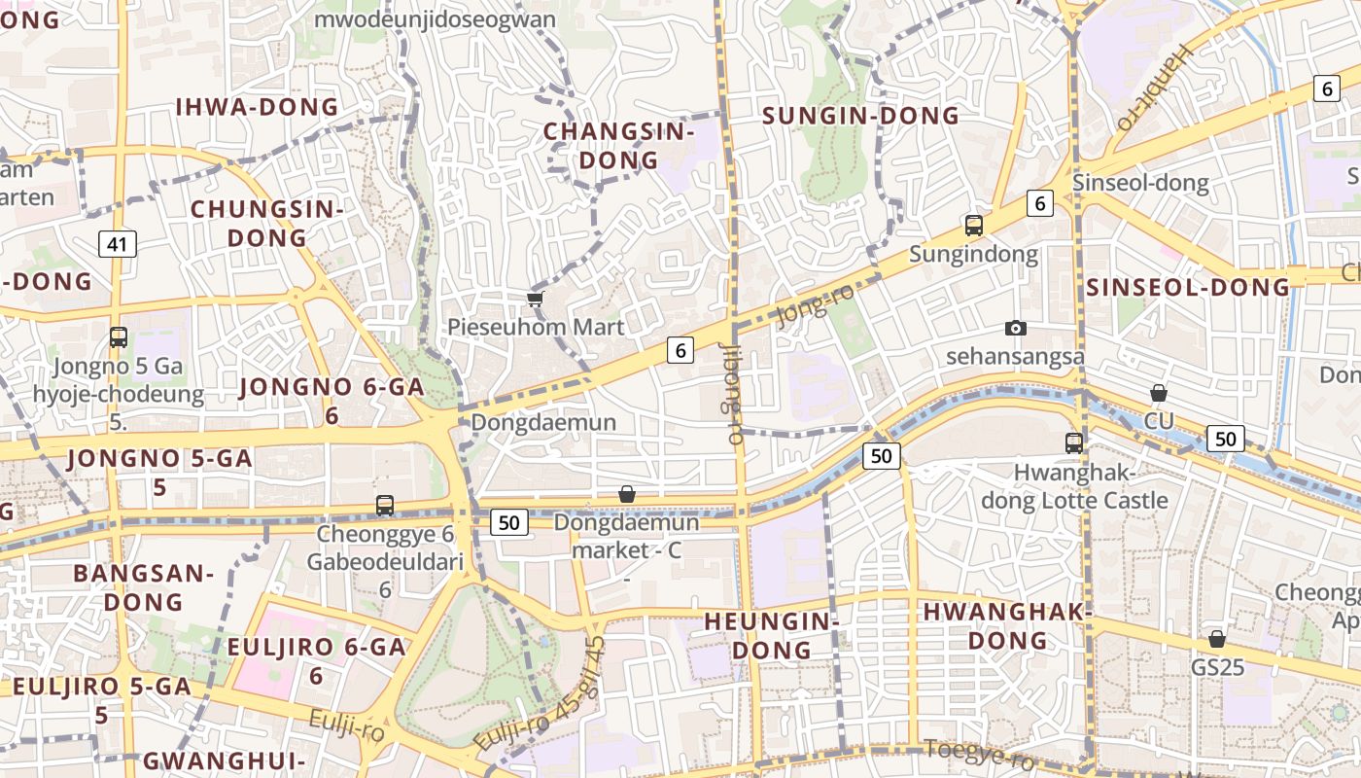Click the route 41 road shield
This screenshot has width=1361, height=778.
point(117,244)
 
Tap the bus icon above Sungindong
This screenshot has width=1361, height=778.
point(974,226)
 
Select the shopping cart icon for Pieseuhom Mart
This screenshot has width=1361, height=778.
point(534,299)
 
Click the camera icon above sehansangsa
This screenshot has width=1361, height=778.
point(1016,329)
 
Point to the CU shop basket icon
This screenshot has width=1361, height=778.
point(1158,393)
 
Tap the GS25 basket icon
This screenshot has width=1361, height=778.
point(1216,639)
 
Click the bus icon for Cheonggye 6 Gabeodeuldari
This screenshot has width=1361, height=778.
point(385,506)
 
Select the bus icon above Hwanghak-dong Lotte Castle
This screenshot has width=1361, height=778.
point(1073,443)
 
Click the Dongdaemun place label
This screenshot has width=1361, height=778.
point(543,422)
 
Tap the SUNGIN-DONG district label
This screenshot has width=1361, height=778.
point(860,116)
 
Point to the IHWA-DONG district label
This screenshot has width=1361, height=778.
point(257,107)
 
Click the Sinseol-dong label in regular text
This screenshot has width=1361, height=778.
point(1139,183)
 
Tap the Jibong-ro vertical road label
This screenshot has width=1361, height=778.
point(733,394)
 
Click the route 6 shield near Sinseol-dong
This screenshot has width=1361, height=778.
point(1039,203)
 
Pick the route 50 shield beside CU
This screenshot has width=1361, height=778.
point(1225,439)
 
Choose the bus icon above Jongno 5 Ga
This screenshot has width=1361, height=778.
point(119,337)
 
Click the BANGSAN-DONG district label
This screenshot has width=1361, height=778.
point(144,587)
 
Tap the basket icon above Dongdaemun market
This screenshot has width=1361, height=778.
point(627,495)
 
